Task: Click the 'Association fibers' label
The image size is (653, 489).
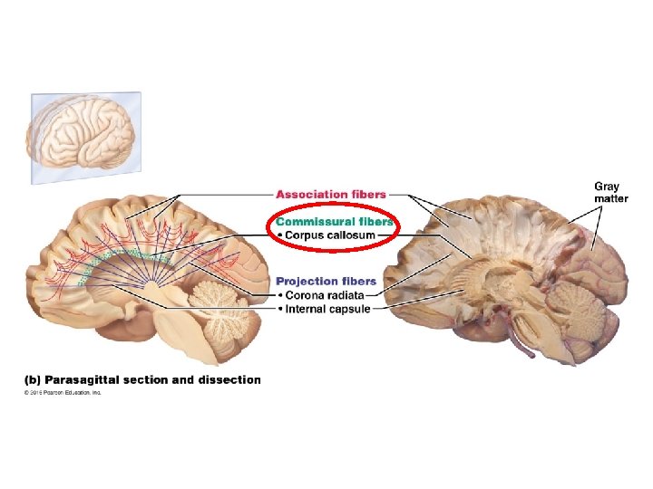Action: [330, 194]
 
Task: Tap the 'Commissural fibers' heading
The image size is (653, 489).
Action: [334, 221]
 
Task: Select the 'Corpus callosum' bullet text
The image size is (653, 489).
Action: [325, 235]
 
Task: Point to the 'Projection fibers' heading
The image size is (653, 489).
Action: [326, 282]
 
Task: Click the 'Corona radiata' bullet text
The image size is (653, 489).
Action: [324, 295]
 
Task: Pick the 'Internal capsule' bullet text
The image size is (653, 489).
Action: [326, 309]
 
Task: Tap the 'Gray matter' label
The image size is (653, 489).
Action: [610, 193]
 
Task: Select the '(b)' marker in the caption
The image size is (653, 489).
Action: [31, 379]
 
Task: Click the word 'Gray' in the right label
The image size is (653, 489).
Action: [607, 187]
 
